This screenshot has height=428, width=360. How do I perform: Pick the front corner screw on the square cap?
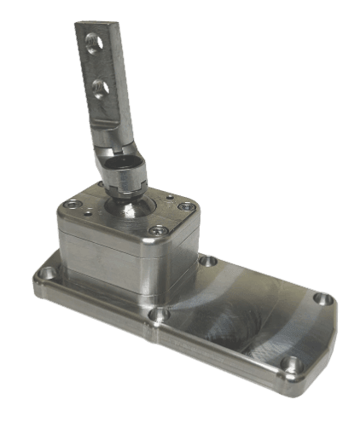coord(156,229)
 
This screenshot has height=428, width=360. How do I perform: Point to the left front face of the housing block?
coord(98,256)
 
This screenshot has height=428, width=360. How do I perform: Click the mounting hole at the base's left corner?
coord(49,275)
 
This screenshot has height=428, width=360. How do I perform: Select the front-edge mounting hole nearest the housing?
coord(156,315)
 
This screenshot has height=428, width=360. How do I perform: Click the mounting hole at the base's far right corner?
coord(322,298)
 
